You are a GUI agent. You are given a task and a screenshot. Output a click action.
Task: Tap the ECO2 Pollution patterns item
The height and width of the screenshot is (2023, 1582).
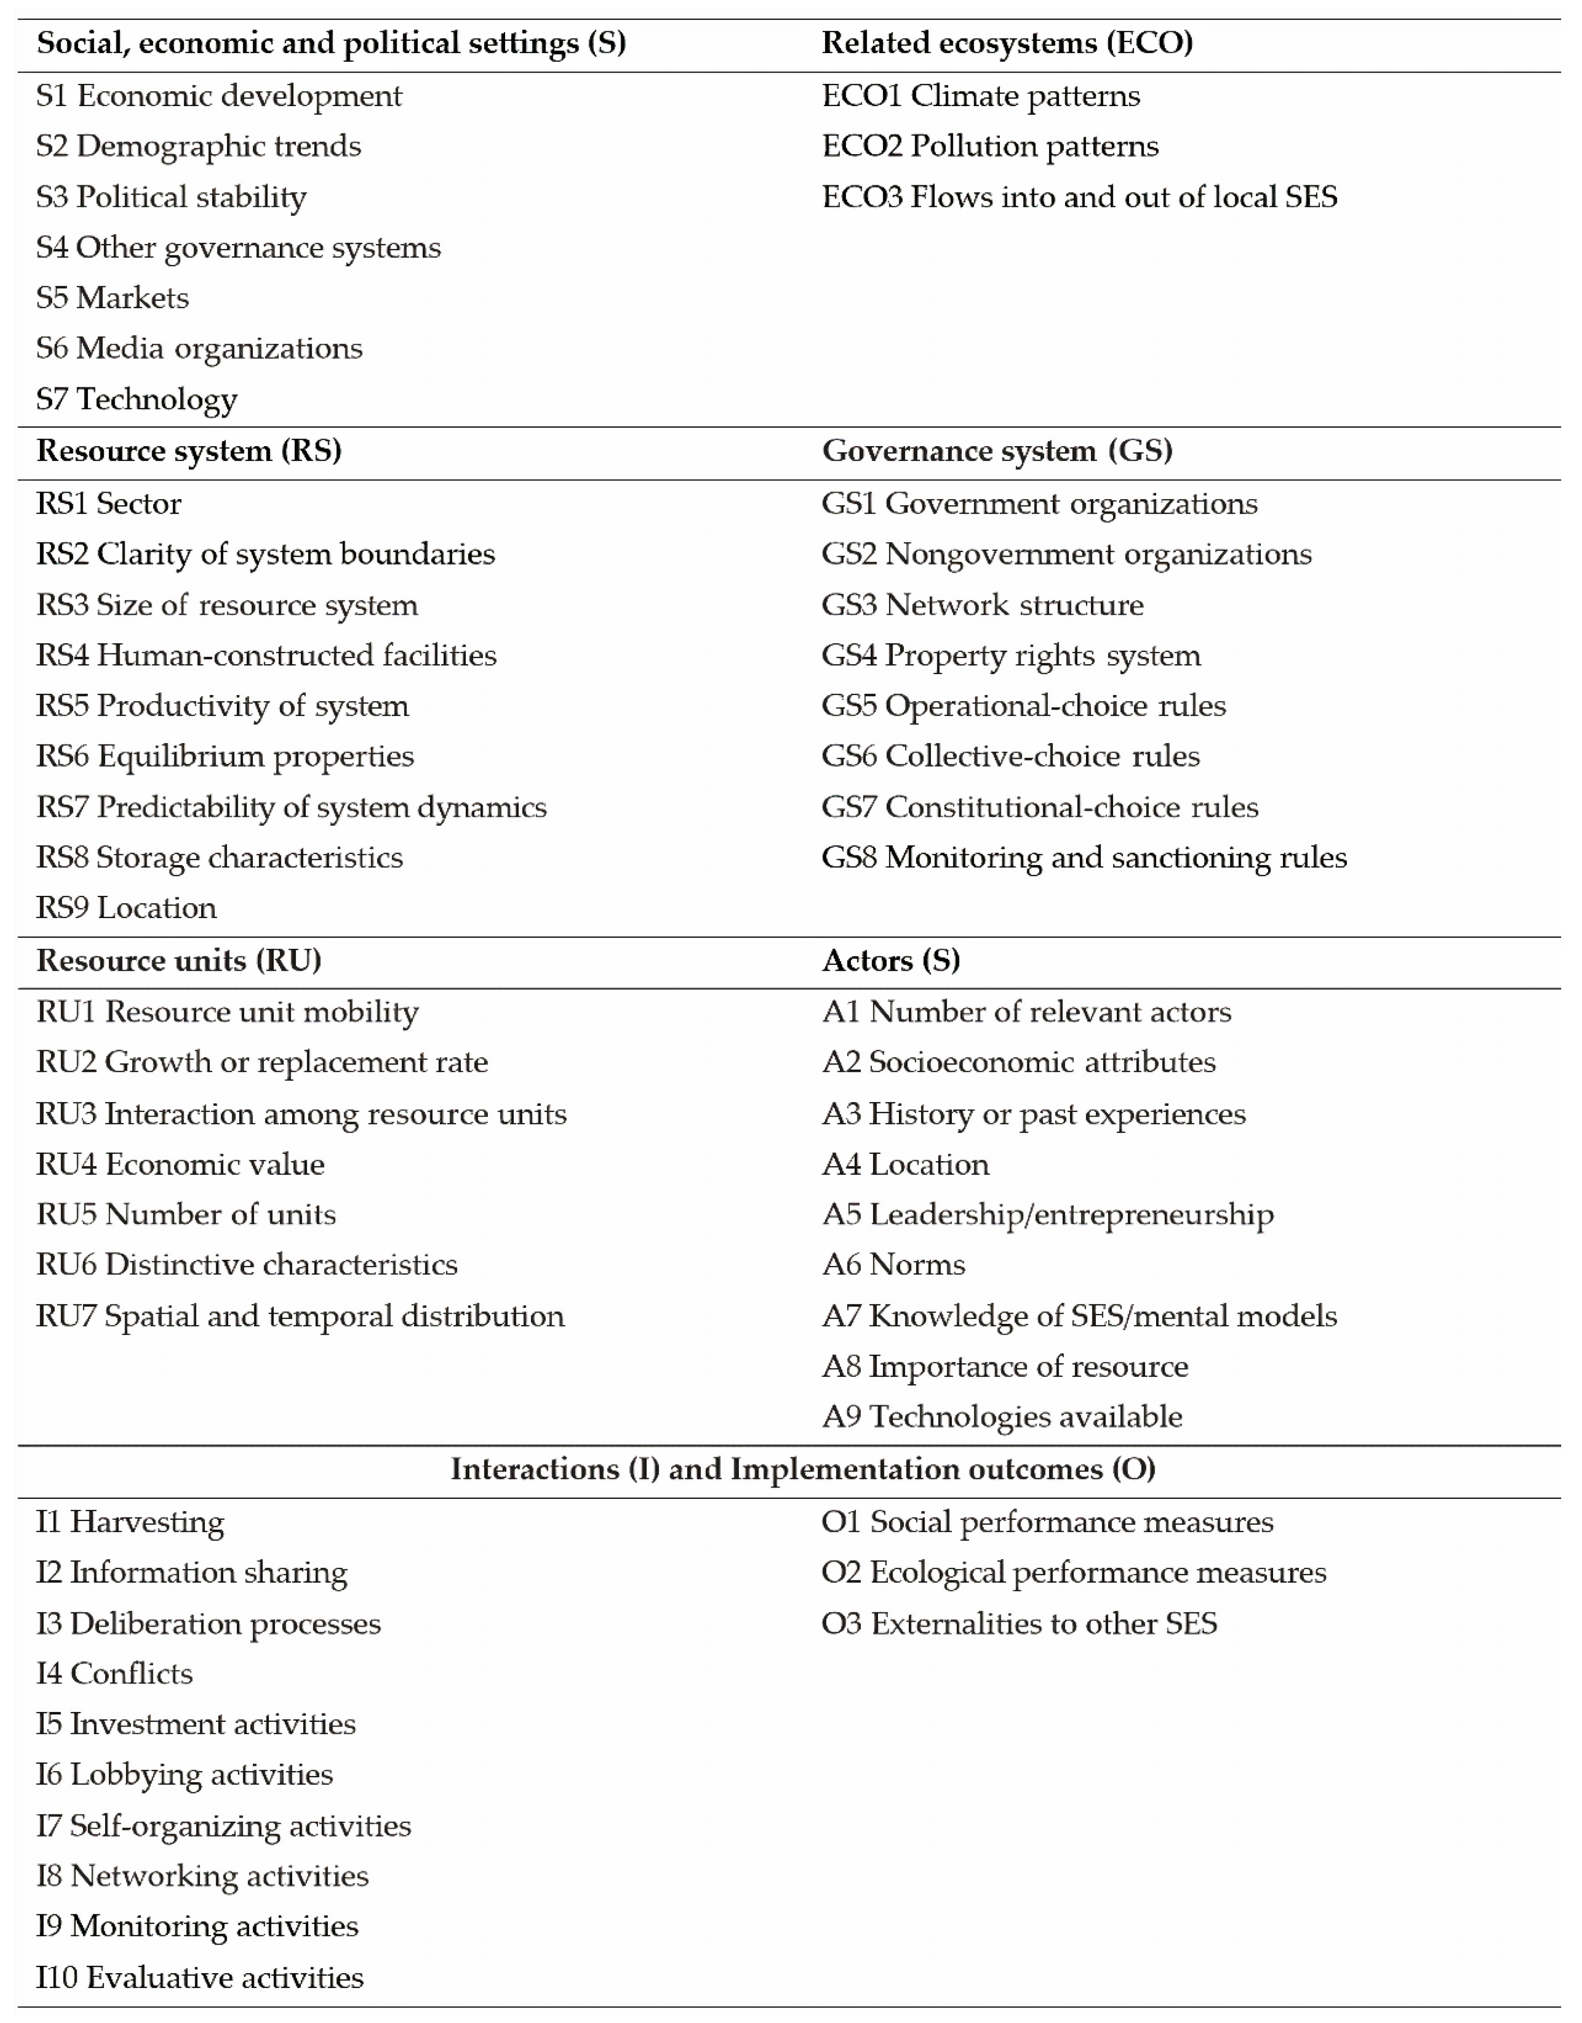(990, 146)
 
